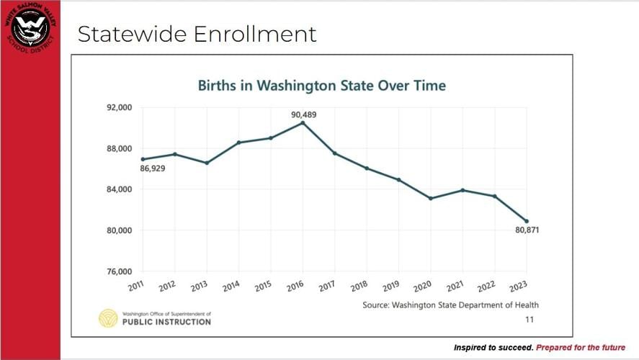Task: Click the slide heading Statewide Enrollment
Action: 197,34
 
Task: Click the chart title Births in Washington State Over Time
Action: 322,86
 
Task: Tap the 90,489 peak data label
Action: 303,114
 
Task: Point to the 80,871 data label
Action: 526,230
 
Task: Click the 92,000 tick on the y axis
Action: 119,107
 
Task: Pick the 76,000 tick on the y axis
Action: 119,272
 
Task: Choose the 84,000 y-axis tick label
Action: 119,189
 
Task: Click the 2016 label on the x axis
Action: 295,285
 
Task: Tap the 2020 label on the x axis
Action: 424,285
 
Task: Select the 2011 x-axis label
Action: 136,285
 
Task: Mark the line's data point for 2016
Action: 303,123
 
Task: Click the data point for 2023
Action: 527,221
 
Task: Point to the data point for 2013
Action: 207,163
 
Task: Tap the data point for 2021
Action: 463,190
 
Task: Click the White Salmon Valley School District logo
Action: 30,30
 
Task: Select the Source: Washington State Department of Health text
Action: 450,305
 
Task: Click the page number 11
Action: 529,318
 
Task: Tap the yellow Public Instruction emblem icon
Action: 108,318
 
